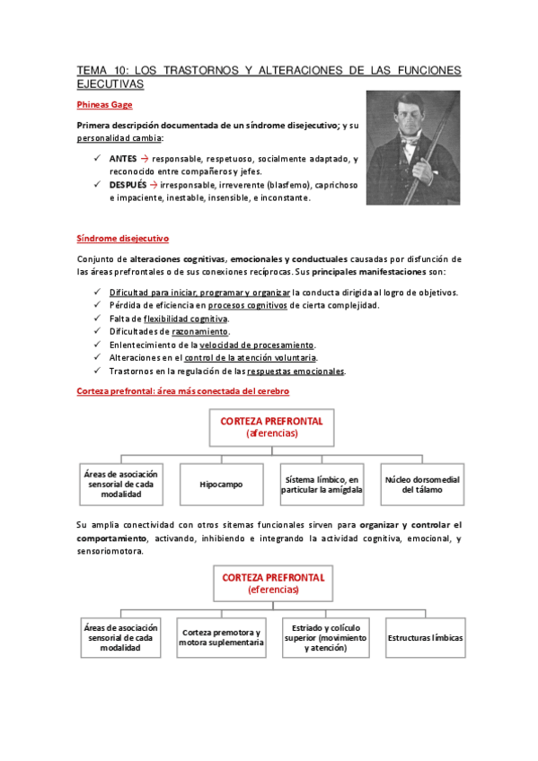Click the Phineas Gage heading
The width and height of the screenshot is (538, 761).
click(104, 104)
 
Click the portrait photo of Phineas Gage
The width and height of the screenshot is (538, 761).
click(412, 147)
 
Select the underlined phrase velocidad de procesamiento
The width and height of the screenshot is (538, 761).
click(256, 345)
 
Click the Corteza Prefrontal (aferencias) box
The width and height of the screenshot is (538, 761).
click(271, 426)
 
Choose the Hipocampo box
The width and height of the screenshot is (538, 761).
click(221, 484)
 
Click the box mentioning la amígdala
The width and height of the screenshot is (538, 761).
click(322, 484)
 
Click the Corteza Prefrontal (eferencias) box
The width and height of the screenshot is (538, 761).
click(271, 582)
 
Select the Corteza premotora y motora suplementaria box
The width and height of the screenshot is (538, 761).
click(221, 637)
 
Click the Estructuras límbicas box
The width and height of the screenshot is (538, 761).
click(425, 637)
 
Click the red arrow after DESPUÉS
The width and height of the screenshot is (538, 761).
click(154, 185)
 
